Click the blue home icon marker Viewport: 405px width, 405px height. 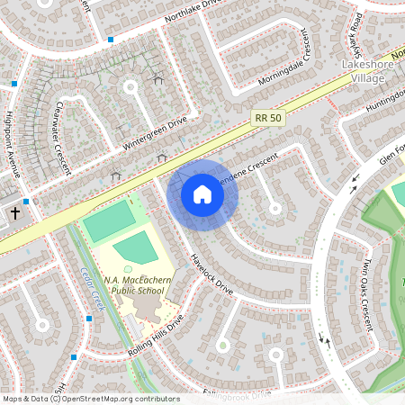[x=202, y=194]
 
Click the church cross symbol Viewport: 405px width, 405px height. [x=15, y=214]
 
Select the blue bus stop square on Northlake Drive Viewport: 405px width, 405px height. [x=111, y=40]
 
